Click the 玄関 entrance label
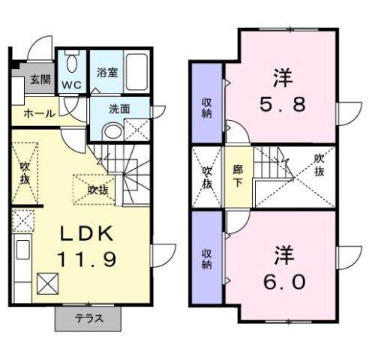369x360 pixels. pos(40,79)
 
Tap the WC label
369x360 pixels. pos(71,85)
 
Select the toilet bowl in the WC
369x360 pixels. pos(73,63)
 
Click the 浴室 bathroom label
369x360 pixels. pos(107,72)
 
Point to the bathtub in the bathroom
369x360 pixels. pos(136,72)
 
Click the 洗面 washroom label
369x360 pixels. pos(119,109)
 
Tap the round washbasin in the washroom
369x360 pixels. pos(112,131)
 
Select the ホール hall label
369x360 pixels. pos(40,114)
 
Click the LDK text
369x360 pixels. pos(86,233)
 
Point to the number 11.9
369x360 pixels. pos(87,259)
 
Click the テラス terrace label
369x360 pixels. pos(89,319)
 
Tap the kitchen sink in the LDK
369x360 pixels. pos(22,249)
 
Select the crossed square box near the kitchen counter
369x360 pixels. pos(47,283)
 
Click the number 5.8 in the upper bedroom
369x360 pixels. pos(283,104)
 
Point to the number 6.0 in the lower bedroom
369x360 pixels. pos(284,282)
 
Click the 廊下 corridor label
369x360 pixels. pos(238,176)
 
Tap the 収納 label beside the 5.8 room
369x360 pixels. pos(207,108)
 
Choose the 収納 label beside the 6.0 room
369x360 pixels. pos(207,259)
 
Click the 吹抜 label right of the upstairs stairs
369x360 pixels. pos(319,165)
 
